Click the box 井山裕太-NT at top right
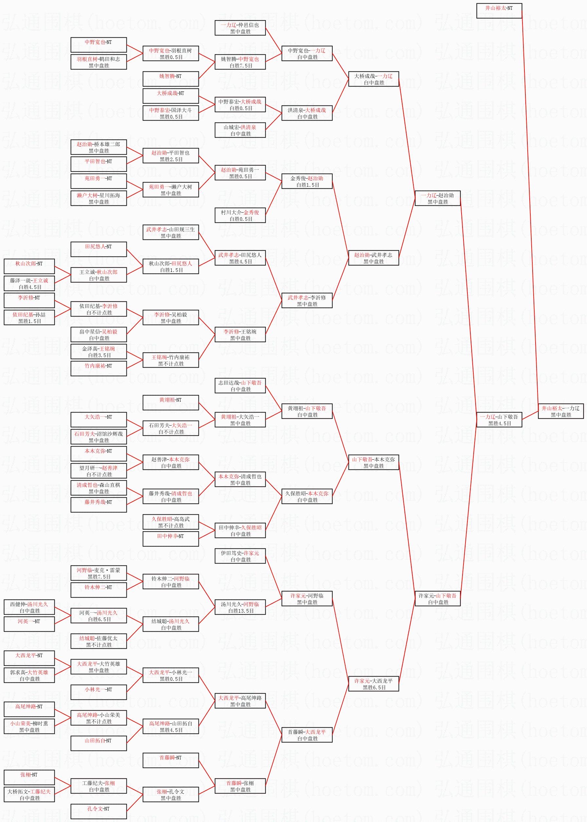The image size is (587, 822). (499, 11)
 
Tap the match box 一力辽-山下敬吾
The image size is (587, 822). (499, 420)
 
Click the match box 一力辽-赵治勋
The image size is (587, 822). (438, 199)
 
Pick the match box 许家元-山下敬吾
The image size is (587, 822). (438, 599)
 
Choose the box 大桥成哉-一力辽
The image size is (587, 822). (373, 79)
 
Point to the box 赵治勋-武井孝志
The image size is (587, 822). (373, 258)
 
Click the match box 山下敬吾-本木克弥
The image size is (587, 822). (373, 462)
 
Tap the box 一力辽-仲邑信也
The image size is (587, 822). (240, 28)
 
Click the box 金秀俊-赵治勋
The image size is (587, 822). (307, 182)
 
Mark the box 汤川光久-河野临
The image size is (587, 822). (240, 607)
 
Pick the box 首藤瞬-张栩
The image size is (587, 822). (240, 786)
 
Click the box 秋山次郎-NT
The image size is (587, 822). (29, 266)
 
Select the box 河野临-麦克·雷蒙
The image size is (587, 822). (99, 573)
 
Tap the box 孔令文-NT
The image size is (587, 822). (99, 812)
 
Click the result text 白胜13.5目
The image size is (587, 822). (240, 611)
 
